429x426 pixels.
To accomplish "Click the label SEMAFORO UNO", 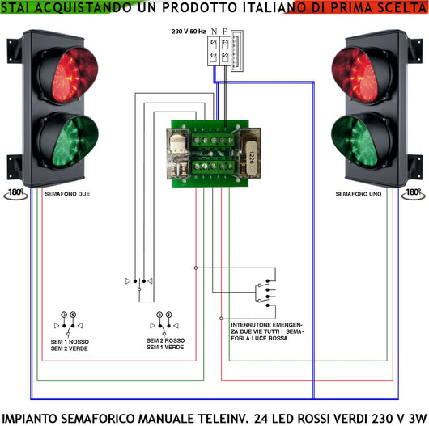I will point(358,194).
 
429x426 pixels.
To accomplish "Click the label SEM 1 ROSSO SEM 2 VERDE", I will point(70,345).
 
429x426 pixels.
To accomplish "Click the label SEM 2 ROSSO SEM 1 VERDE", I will point(166,344).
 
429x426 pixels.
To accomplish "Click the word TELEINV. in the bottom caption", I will point(223,418).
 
